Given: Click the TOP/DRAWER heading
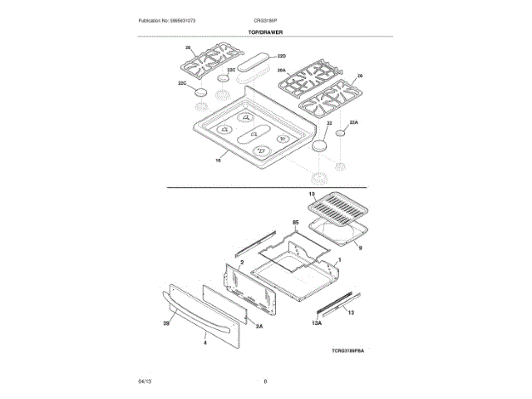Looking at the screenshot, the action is point(265,32).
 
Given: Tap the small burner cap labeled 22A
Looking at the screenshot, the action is point(342,132).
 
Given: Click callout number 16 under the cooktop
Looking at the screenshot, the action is point(218,158).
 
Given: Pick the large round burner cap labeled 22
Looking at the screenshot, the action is point(320,146).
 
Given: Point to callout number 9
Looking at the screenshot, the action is point(361,247).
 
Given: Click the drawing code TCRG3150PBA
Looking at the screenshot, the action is point(347,352).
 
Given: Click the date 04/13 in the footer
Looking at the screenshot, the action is point(144,382).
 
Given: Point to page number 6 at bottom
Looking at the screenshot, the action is point(265,382).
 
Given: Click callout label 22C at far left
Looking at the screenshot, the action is point(182,83).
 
